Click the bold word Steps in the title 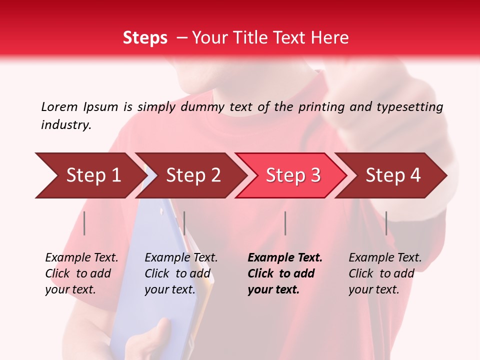pos(145,38)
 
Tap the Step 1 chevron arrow pos(90,175)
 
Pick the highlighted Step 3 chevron pos(292,175)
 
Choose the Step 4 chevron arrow pos(392,175)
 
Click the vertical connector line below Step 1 pos(84,223)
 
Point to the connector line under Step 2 pos(184,223)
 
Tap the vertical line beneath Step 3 pos(285,223)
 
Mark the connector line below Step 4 pos(386,223)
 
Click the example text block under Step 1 pos(81,273)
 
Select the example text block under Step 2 pos(181,273)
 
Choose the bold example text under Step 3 pos(285,273)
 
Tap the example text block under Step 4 pos(385,273)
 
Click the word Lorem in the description pos(59,106)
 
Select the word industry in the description pos(66,125)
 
